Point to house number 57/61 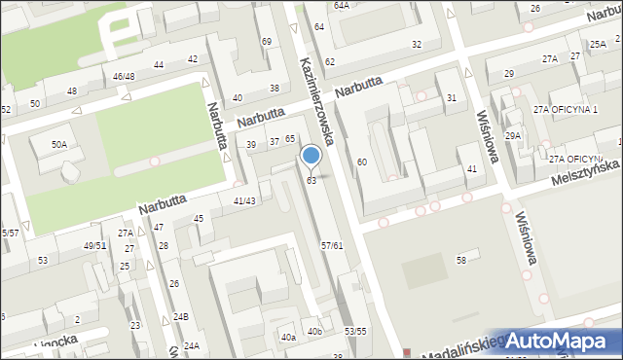(x=331, y=245)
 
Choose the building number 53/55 (x=355, y=332)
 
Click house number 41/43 (x=244, y=200)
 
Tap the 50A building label (x=59, y=144)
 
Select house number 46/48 (x=124, y=76)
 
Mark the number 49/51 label (x=95, y=245)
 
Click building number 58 (x=461, y=260)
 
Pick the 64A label (x=341, y=5)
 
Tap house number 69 (x=267, y=41)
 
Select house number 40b (x=314, y=332)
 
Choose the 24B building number (x=181, y=317)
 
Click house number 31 (x=451, y=98)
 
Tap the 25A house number (x=597, y=45)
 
